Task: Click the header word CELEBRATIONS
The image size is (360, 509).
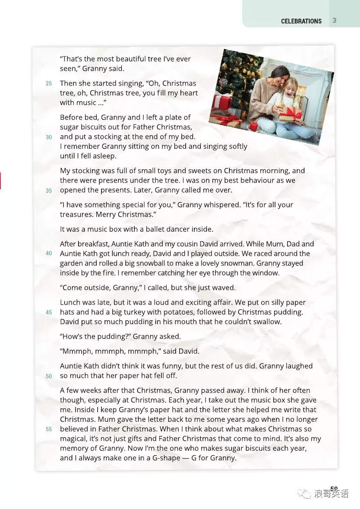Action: (301, 21)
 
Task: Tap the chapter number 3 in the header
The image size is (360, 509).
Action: (334, 20)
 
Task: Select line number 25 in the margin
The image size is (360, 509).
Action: (49, 83)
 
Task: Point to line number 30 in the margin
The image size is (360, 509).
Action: (49, 137)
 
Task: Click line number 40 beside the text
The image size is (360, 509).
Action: (49, 253)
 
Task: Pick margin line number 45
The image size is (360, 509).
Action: (49, 312)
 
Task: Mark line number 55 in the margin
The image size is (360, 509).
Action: (49, 429)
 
